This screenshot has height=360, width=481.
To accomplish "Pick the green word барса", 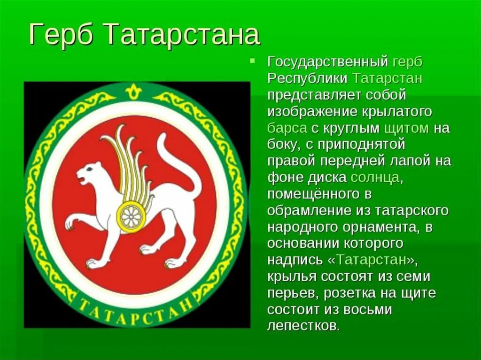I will point(287,128).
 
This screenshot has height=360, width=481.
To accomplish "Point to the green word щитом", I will point(406,128).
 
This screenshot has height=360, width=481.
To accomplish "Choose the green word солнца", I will point(375,177).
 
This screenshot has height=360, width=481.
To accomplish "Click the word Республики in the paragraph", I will point(308,78).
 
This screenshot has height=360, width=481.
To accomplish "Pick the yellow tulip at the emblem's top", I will point(134,89).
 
